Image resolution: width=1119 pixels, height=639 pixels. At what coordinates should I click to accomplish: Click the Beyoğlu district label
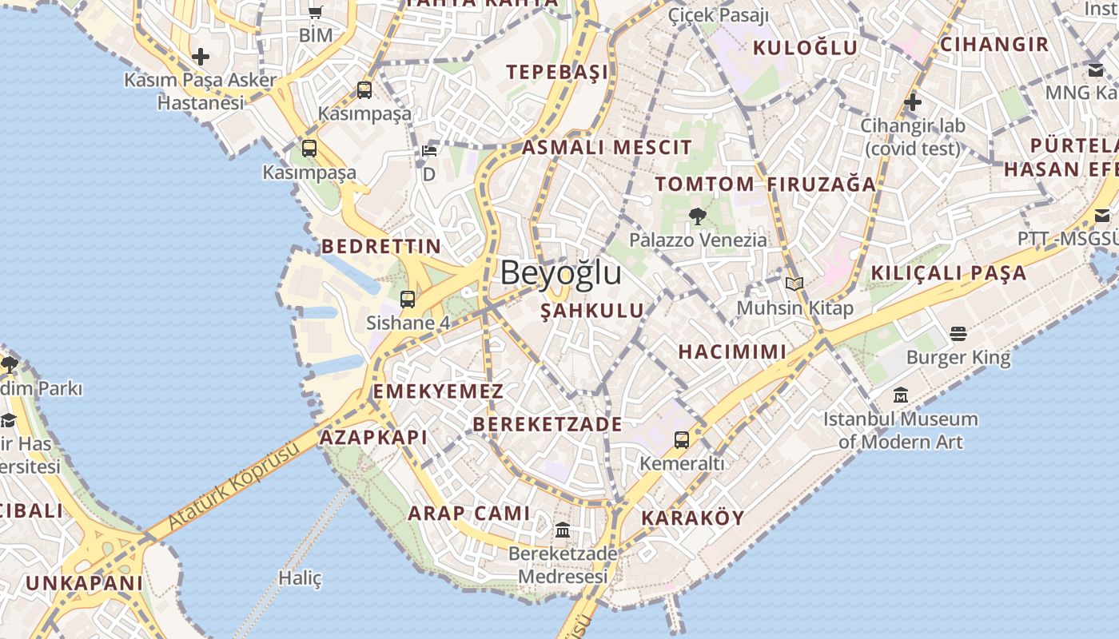(560, 273)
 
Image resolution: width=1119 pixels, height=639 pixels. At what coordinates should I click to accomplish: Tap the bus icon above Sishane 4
(408, 300)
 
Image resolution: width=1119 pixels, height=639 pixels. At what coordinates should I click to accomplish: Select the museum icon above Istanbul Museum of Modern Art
(901, 395)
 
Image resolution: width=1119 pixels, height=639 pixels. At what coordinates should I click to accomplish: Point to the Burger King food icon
(958, 333)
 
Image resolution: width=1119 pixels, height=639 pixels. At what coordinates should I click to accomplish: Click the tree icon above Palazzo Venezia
(697, 216)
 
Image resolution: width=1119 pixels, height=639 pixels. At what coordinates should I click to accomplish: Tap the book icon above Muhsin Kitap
(794, 284)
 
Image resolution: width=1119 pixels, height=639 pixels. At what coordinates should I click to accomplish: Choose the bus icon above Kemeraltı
(682, 439)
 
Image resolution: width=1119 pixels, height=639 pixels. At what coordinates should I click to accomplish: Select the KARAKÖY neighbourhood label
(693, 518)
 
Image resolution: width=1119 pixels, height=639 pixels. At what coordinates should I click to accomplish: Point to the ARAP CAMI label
(469, 513)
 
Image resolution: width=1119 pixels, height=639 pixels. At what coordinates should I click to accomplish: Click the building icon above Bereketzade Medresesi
(563, 530)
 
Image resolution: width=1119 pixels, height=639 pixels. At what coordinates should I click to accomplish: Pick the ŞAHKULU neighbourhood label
(591, 311)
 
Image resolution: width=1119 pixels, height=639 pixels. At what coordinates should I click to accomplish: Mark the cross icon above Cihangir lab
(912, 102)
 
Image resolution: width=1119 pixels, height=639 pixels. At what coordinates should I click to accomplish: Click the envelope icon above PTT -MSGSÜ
(1102, 216)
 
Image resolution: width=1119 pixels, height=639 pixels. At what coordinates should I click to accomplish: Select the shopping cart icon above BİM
(315, 12)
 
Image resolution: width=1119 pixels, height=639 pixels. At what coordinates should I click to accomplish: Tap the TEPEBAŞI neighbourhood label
(557, 72)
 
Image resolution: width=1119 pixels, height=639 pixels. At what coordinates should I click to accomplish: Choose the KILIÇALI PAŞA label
(948, 272)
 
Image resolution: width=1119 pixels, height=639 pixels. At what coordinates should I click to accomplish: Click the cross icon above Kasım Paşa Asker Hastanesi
(201, 57)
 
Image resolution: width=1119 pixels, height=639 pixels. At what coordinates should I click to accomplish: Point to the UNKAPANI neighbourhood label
(84, 582)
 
